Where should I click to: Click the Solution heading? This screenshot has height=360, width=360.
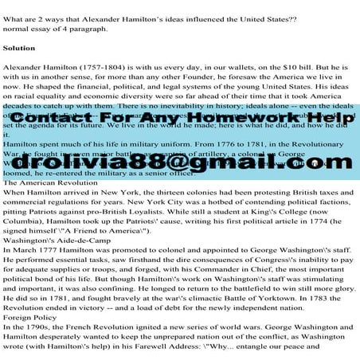point(18,48)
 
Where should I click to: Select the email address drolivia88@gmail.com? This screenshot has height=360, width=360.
point(179,165)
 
